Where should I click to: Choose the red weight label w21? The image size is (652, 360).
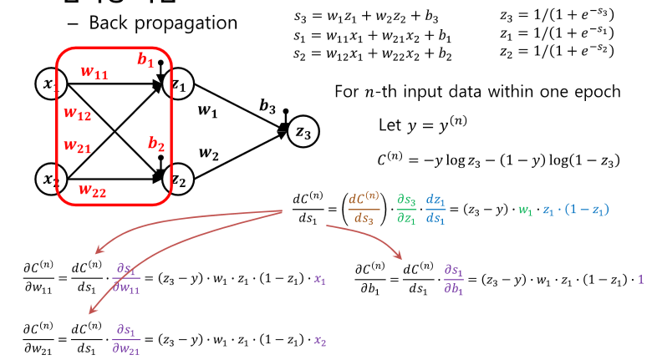pos(78,145)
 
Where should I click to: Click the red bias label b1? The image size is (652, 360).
pos(145,61)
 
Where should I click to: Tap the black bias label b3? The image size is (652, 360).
pos(267,106)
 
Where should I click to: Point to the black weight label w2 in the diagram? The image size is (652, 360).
pos(210,152)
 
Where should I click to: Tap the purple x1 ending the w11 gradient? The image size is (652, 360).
pos(318,281)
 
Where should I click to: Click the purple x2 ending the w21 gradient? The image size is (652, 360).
pos(318,341)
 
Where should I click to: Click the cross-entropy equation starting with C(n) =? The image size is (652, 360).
pos(498,160)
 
